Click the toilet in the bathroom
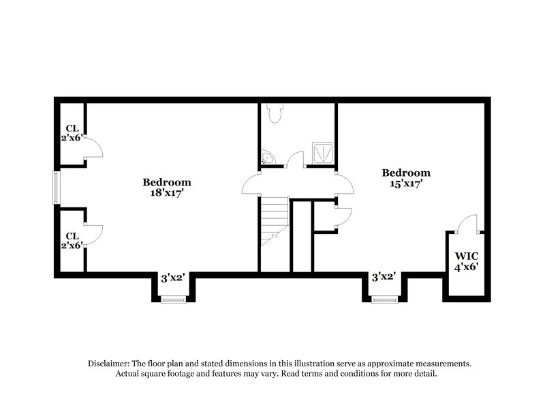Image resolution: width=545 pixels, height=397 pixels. tap(275, 113)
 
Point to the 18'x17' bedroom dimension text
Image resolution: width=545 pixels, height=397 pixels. tap(166, 193)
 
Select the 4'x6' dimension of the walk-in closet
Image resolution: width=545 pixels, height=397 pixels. tap(467, 267)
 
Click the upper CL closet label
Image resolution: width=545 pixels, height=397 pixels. tap(72, 128)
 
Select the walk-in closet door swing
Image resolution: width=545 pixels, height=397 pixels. tap(467, 223)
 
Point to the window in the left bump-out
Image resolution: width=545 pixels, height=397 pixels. tap(173, 299)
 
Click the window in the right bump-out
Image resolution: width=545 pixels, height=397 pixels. tap(385, 299)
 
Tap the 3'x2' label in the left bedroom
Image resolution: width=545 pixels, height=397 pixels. tap(173, 278)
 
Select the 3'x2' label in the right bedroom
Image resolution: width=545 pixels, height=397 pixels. tap(384, 278)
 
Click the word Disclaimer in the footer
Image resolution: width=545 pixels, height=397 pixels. tap(111, 364)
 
